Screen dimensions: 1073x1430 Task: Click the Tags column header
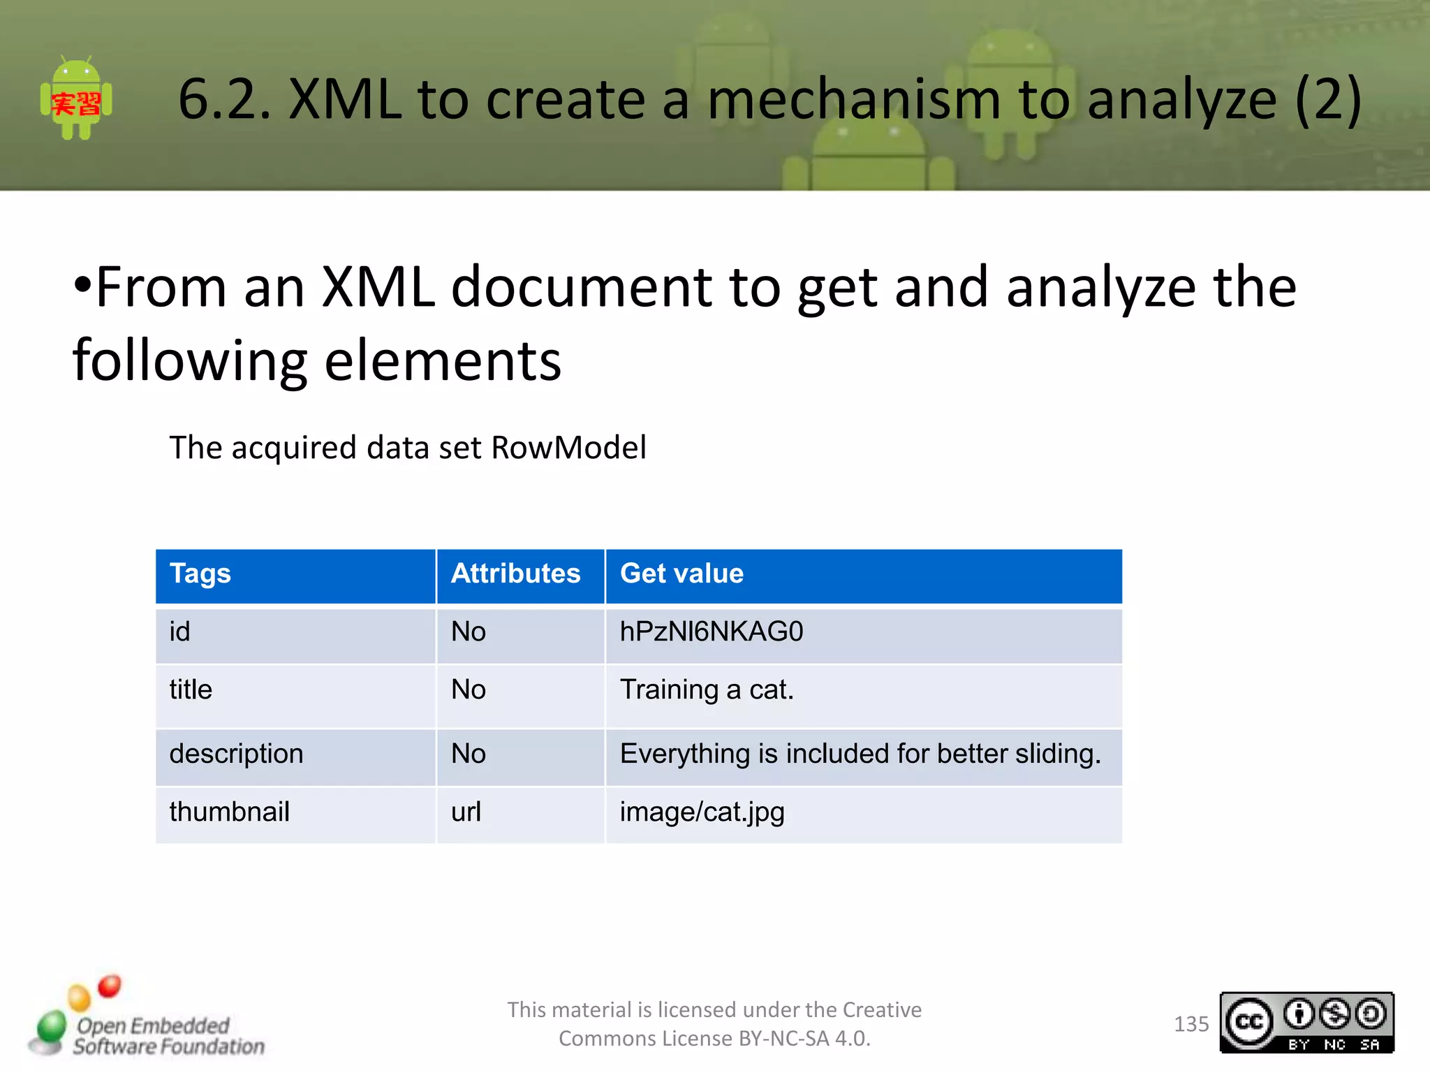point(200,574)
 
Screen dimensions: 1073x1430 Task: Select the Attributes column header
point(515,574)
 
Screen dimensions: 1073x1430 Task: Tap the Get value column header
point(681,574)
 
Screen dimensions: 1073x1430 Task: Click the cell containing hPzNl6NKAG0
point(712,632)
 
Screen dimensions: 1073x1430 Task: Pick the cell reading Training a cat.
point(707,690)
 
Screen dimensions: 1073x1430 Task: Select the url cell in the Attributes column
point(466,812)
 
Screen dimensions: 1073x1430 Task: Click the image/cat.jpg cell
point(702,812)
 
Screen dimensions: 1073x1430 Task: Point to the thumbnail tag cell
point(229,812)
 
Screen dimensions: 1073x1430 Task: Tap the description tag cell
point(236,754)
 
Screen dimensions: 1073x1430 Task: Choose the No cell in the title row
point(468,690)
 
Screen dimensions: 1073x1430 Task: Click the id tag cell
point(179,632)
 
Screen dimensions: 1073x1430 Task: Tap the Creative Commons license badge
point(1306,1023)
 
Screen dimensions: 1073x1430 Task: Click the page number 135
point(1191,1024)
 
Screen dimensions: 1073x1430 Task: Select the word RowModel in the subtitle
point(568,448)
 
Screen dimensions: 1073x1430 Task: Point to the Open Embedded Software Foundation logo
point(147,1020)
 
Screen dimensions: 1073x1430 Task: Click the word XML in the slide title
point(346,99)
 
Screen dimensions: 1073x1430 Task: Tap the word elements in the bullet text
point(443,361)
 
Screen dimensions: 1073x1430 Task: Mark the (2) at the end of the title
point(1327,99)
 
